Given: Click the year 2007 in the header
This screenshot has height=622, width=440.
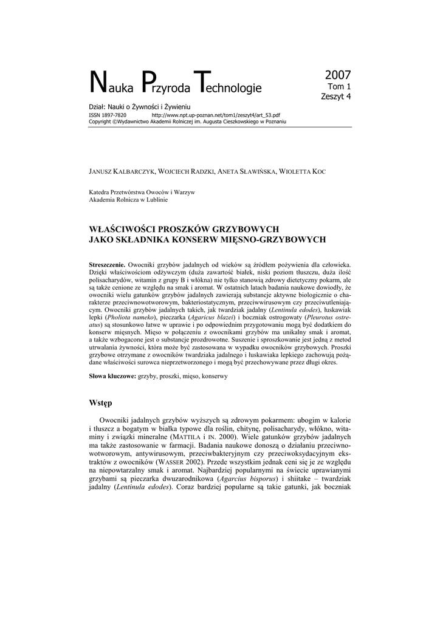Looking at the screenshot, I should pyautogui.click(x=338, y=75).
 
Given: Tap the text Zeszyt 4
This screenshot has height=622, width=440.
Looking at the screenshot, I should pyautogui.click(x=336, y=95).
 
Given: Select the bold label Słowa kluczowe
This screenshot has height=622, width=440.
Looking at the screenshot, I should pyautogui.click(x=112, y=377).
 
